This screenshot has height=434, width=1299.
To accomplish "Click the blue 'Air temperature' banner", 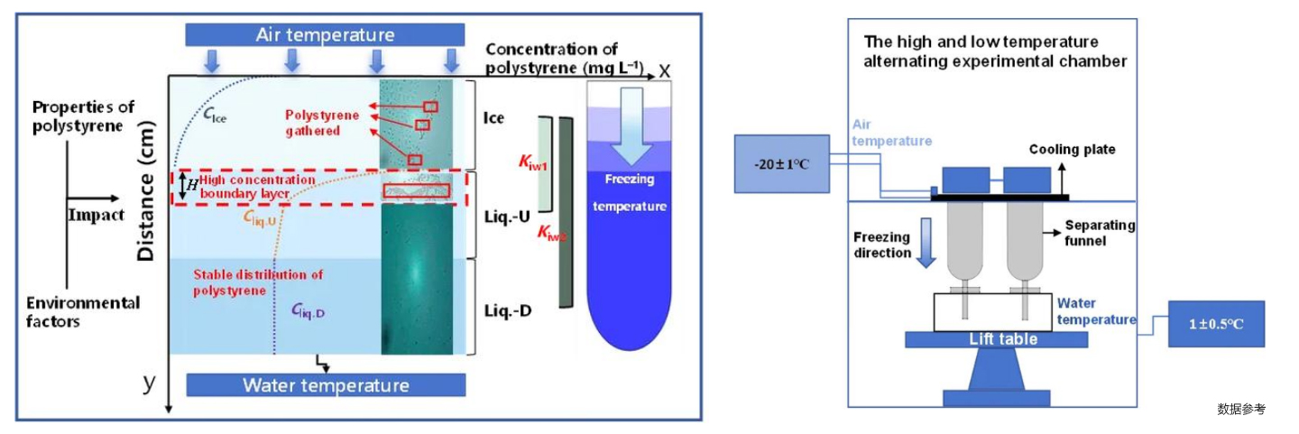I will point(325,35).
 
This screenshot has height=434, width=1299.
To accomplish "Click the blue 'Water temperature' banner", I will point(325,385).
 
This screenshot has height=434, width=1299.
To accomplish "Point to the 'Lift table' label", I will point(1002,339).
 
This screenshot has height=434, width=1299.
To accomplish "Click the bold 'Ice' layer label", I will point(493,118).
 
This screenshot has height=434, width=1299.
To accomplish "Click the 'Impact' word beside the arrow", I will point(95,215).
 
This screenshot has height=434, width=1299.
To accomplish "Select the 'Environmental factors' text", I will point(83,311).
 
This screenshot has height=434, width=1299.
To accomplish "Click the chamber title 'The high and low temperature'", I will point(980,42).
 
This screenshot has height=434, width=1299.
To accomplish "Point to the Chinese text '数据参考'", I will point(1240,409).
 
